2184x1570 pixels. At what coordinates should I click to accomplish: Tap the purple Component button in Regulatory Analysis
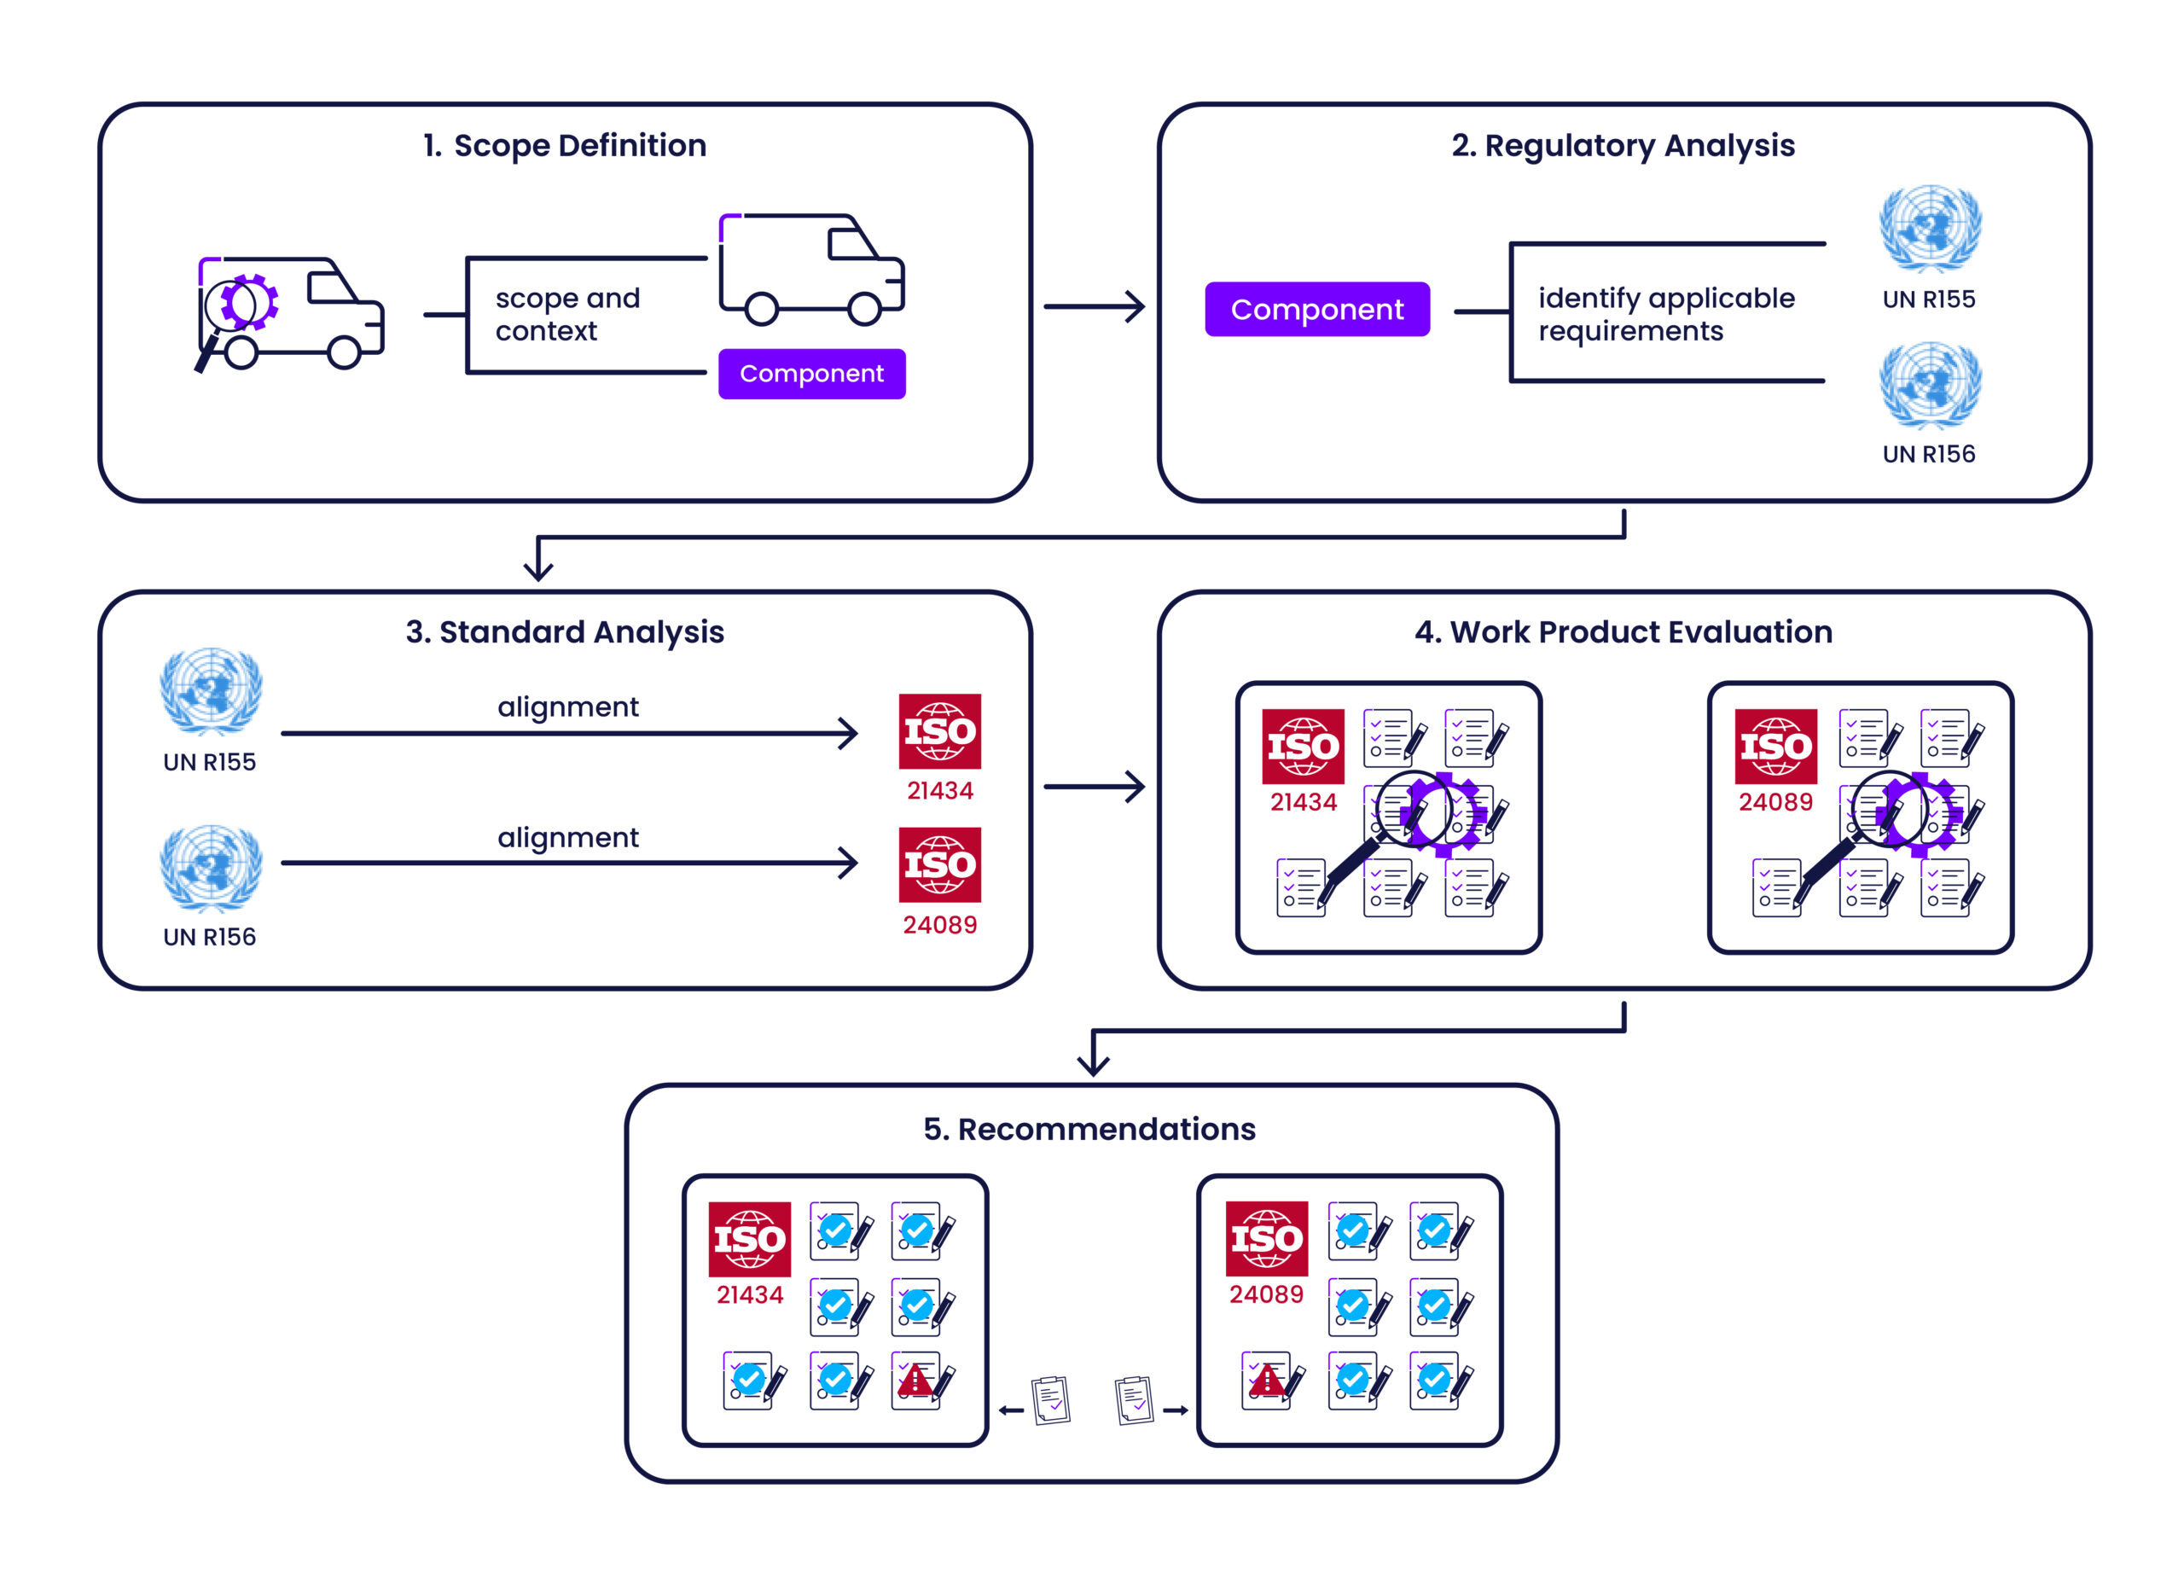point(1316,309)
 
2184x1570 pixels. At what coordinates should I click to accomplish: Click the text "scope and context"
point(567,314)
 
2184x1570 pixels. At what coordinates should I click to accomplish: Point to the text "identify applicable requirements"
point(1666,314)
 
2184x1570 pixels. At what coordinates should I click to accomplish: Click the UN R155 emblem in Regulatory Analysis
point(1929,230)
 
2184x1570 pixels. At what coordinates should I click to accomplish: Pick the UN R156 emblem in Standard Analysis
point(210,867)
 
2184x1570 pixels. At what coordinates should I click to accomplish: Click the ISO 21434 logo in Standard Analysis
point(939,731)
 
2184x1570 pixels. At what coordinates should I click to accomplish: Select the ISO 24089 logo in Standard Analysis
point(939,864)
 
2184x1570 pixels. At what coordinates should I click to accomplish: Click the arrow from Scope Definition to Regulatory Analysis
point(1094,306)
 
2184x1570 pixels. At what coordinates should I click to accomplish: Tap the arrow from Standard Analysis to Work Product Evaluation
point(1094,786)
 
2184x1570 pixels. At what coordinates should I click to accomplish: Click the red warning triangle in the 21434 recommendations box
point(915,1381)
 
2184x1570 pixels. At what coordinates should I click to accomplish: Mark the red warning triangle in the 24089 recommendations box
point(1266,1381)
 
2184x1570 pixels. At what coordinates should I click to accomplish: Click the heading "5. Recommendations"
point(1089,1129)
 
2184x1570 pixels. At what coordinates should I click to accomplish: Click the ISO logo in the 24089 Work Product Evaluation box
point(1774,747)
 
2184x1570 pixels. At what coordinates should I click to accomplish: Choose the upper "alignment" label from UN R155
point(567,707)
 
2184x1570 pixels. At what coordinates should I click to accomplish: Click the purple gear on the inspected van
point(250,302)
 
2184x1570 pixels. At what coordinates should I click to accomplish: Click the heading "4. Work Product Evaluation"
point(1623,632)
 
